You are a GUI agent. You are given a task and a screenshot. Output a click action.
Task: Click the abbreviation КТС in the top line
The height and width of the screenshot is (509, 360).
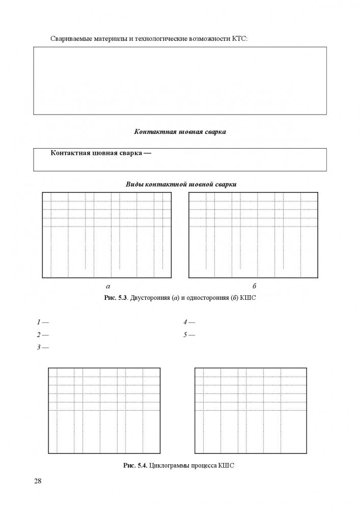coord(239,39)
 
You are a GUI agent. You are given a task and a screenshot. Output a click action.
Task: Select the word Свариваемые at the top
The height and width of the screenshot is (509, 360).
coord(70,39)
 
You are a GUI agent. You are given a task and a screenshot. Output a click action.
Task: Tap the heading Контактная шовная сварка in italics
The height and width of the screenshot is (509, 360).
coord(180,131)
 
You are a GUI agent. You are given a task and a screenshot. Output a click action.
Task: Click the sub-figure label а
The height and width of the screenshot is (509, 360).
coord(107,287)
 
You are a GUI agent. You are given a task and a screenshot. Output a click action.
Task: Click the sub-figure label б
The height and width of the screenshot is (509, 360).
coord(254,286)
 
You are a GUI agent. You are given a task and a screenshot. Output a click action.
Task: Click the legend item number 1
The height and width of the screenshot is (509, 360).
coord(39,322)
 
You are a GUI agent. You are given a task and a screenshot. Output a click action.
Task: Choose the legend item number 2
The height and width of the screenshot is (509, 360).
coord(39,335)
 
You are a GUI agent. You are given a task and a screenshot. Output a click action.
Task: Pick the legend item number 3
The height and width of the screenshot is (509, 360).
coord(39,348)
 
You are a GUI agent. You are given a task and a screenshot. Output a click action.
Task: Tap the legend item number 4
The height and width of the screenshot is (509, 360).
coord(185,322)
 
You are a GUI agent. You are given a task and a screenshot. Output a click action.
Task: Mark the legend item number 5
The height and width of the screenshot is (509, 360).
coord(185,335)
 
